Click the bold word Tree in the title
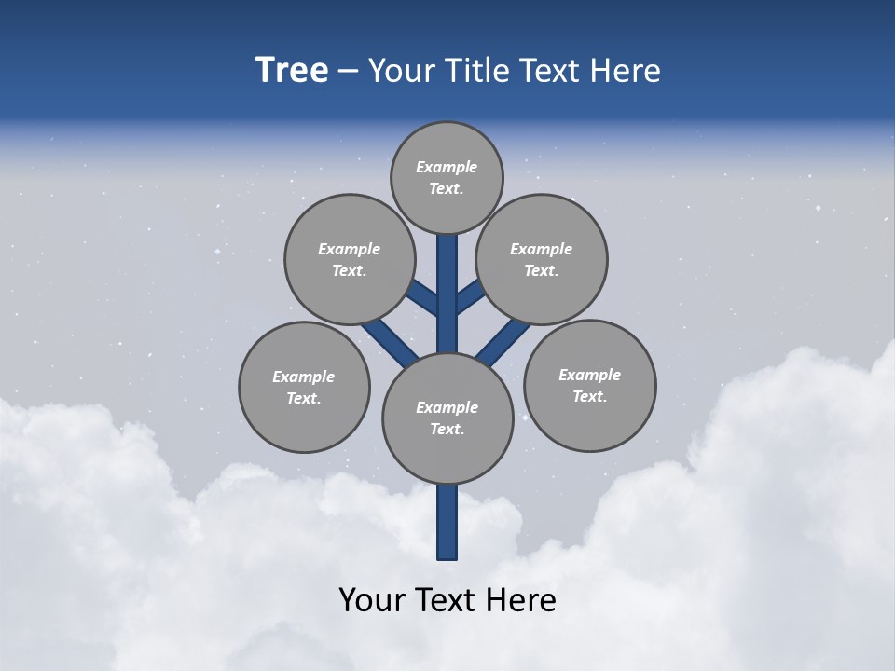pos(292,71)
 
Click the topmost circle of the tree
pos(447,177)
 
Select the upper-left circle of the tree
pos(349,259)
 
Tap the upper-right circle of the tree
pos(541,259)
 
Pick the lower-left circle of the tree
pos(304,387)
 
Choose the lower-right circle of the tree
pos(589,385)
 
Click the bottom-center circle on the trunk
pos(447,418)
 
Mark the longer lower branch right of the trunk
pos(503,340)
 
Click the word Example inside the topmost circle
pos(447,167)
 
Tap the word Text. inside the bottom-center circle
pos(447,429)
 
